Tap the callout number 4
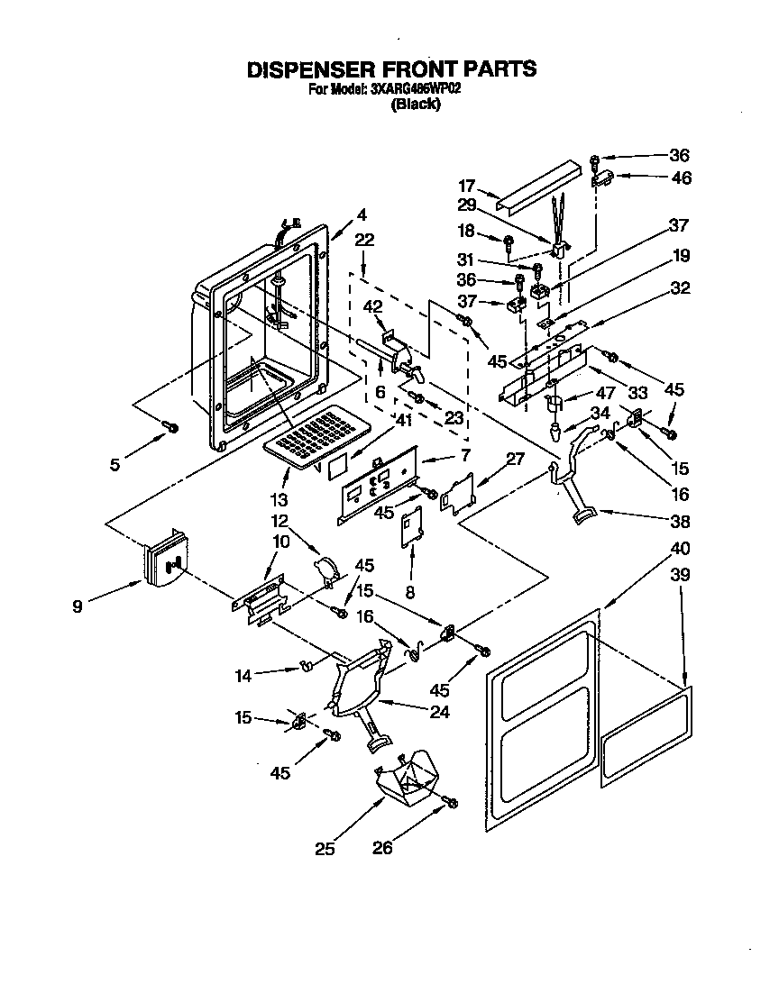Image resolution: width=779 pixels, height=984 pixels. click(x=361, y=214)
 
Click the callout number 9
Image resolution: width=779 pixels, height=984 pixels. click(x=78, y=606)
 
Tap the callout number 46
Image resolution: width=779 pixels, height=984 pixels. click(x=681, y=178)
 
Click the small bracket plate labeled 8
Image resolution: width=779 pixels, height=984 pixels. click(x=411, y=525)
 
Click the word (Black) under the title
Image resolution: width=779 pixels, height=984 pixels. click(x=415, y=105)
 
